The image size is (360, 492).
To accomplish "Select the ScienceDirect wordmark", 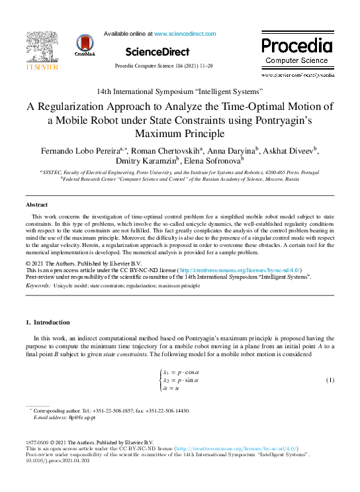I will (x=157, y=52).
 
